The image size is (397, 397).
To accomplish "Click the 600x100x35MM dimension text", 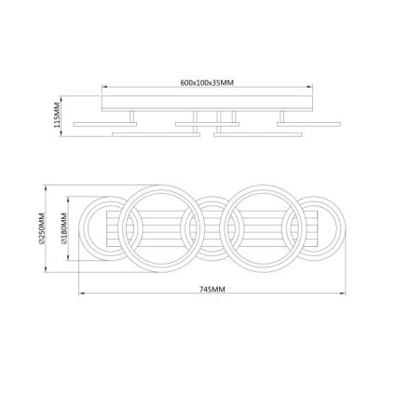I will [x=207, y=83].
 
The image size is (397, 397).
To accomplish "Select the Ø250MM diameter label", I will [x=42, y=227].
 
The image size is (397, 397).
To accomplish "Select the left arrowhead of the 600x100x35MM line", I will [x=103, y=89].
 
